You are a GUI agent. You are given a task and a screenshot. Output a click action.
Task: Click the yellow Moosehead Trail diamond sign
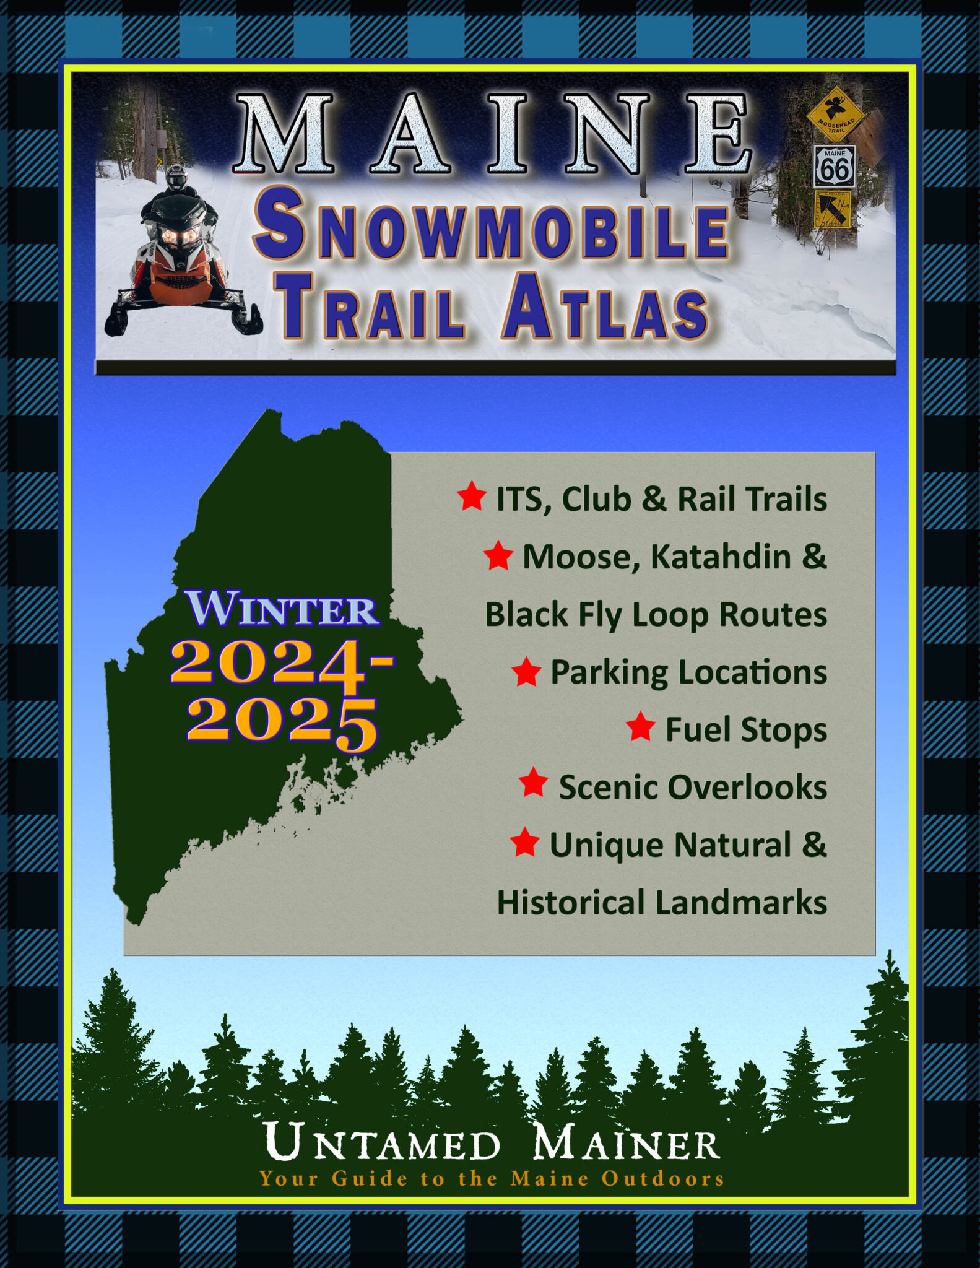(x=835, y=114)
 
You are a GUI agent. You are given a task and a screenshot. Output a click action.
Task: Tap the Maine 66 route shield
(x=835, y=167)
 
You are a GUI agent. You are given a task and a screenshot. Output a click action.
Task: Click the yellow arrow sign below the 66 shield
(x=833, y=209)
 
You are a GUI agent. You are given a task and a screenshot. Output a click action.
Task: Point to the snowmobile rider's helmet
(x=176, y=177)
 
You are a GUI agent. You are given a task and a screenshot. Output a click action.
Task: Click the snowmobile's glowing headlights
(x=180, y=236)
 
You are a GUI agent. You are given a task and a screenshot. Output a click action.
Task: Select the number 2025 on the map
(x=282, y=722)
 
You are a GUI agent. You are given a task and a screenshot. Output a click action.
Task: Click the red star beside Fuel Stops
(x=640, y=727)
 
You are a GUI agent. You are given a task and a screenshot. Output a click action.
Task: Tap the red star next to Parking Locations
(x=526, y=672)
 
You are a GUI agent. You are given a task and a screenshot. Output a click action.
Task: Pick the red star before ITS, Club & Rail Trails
(x=472, y=497)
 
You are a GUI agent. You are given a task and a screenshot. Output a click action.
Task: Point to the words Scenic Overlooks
(x=692, y=787)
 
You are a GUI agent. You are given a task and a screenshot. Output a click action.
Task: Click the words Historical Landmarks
(x=661, y=902)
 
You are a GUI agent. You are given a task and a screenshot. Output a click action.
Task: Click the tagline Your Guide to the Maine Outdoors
(x=492, y=1178)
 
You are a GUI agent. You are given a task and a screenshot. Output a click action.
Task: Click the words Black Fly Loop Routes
(x=656, y=615)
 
